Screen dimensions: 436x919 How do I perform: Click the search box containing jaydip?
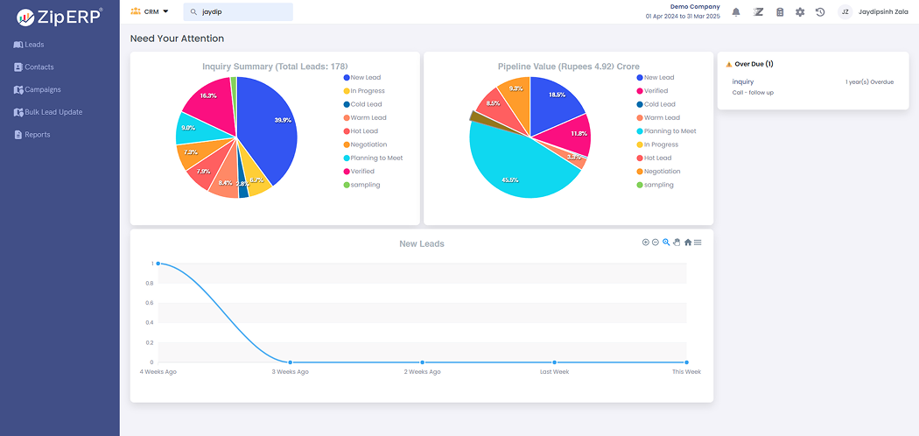(238, 12)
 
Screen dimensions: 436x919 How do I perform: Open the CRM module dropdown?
(150, 12)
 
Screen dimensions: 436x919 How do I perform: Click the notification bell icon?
(736, 12)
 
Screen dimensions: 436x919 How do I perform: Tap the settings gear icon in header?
(800, 12)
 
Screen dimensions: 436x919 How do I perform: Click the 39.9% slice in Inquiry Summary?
(271, 127)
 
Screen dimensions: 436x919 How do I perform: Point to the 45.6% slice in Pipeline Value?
(512, 171)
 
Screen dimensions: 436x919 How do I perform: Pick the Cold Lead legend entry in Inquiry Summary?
(366, 104)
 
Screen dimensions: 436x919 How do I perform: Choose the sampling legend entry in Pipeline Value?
(658, 185)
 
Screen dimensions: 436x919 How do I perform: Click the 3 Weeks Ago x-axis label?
(290, 372)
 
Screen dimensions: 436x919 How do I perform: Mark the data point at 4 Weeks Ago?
(158, 263)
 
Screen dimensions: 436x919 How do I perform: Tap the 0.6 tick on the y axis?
(151, 303)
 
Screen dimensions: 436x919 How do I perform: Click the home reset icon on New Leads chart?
(687, 243)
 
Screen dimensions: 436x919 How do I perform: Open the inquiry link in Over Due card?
(743, 81)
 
